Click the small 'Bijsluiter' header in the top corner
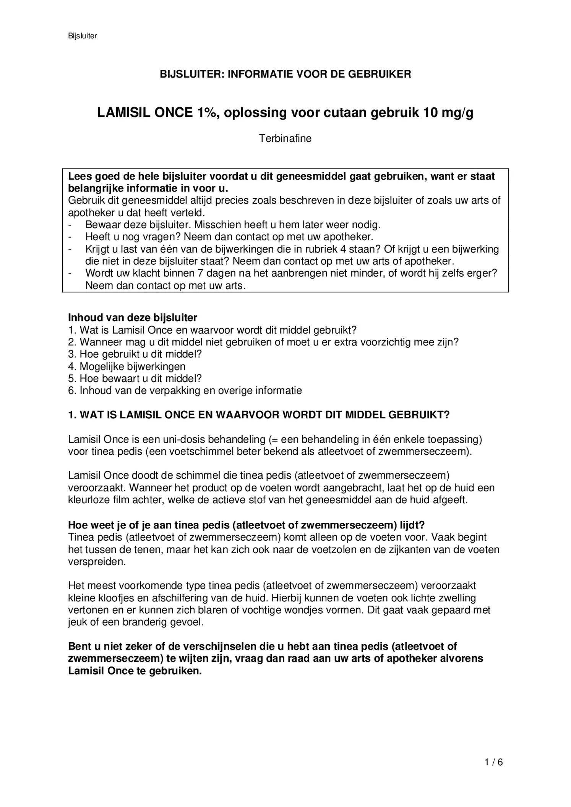[x=82, y=36]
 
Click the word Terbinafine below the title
[x=285, y=138]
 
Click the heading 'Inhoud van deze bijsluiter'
[x=133, y=318]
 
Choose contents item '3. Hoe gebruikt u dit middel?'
[x=135, y=354]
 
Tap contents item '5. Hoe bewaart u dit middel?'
[x=135, y=379]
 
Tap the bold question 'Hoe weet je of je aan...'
[x=246, y=525]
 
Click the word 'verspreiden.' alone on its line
[x=97, y=562]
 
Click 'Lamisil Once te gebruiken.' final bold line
[x=135, y=671]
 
